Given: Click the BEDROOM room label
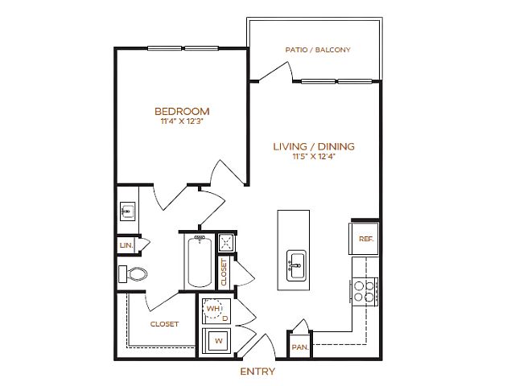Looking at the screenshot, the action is point(182,111).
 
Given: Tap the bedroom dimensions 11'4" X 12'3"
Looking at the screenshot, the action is point(182,121).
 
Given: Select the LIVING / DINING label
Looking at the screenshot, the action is point(314,146).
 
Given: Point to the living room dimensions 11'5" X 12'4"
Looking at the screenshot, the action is point(314,156).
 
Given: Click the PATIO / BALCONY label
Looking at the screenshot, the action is point(318,50).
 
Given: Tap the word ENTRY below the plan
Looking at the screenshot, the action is point(257,372).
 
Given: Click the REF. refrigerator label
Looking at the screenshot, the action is point(366,239).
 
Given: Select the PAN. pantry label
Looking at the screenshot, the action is point(300,347).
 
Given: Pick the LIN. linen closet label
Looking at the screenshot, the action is point(126,244).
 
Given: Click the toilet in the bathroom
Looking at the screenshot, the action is point(133,274).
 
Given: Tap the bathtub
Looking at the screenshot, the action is point(200,261).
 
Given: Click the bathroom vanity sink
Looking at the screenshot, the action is point(127,211).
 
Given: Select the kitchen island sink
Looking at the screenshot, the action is point(296,265).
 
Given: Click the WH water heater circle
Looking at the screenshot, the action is point(212,309).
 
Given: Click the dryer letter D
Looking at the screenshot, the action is point(225,318).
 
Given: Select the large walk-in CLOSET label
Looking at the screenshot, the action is point(164,324).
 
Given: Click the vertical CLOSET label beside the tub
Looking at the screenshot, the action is point(224,273).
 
